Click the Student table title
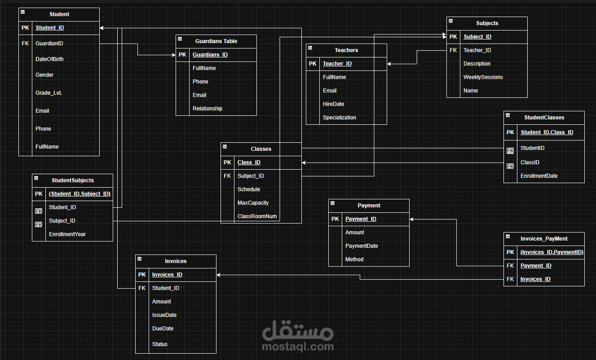point(59,14)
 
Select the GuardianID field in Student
point(49,44)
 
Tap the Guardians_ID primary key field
point(210,55)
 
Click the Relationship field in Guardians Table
point(207,109)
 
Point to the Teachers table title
point(346,50)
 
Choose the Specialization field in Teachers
point(339,118)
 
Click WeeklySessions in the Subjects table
point(483,77)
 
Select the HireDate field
point(333,104)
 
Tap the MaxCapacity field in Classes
point(253,203)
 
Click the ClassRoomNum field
point(257,216)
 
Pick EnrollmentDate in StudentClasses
point(539,176)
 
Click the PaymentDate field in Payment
point(361,246)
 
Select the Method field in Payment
point(354,259)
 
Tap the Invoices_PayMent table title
point(544,239)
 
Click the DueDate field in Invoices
point(163,329)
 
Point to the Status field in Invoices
point(159,344)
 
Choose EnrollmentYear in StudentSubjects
point(67,234)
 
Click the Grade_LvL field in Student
point(49,93)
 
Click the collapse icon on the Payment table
point(332,203)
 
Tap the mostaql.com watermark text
point(298,347)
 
